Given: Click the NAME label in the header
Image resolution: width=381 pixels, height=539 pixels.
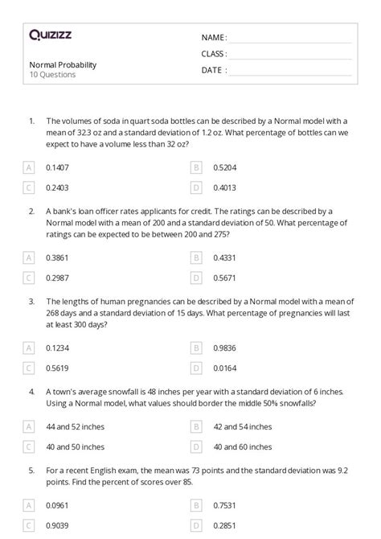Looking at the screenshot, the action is coord(214,38).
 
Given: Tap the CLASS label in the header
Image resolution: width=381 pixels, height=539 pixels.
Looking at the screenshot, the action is coord(215,54).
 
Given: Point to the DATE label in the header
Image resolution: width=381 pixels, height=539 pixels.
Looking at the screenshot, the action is coord(214,70).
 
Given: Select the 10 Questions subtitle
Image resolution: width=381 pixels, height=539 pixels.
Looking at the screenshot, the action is coord(52,75).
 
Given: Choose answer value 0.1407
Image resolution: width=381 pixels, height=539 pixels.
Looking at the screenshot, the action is coord(57,167).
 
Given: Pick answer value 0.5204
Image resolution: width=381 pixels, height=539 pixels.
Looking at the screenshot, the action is coord(224,167).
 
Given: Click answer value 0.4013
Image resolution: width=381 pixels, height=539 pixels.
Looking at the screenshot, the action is coord(224,187).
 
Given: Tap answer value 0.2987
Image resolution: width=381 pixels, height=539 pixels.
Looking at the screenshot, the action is coord(57,278).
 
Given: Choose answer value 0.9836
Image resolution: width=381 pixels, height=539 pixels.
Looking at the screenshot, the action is coord(224,348).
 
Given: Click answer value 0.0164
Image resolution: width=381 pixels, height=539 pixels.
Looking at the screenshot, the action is coord(224,368).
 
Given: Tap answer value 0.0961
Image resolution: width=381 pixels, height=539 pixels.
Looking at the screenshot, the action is coord(57,505).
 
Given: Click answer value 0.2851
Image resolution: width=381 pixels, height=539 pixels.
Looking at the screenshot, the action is coord(224,525).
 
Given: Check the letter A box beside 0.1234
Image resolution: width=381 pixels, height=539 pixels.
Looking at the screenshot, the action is coord(29,348).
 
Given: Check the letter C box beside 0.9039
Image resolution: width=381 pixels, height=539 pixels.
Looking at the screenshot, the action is coord(29,525).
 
